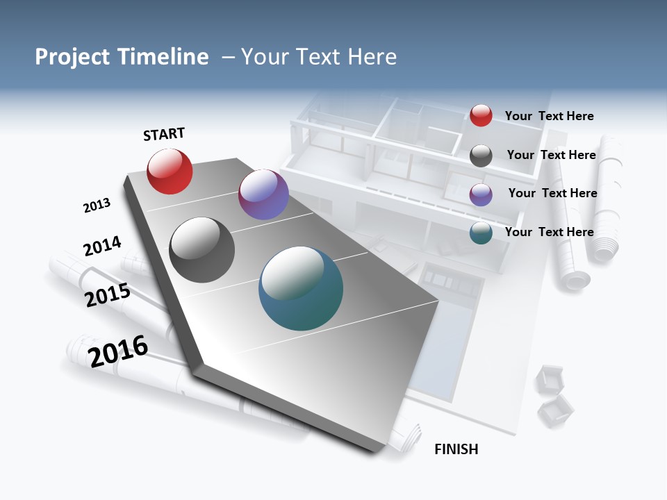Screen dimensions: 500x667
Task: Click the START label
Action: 164,134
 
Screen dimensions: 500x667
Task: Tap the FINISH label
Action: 456,449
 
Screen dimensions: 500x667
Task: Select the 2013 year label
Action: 97,206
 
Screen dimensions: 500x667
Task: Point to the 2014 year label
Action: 102,246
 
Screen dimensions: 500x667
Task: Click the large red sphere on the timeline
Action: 170,172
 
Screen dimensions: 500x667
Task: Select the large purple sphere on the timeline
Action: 263,194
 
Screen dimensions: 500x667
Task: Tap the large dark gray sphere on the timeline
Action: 202,250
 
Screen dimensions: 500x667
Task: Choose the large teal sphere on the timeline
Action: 301,288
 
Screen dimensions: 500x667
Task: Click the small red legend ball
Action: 481,115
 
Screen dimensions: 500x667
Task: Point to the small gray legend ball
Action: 481,156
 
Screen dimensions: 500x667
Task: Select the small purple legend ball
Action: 481,194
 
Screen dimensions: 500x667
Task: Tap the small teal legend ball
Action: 481,233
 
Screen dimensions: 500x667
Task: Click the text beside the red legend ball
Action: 549,116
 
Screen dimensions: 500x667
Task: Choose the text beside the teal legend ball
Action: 549,232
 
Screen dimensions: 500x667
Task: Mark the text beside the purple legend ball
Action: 552,193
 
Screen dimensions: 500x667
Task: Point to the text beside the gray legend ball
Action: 551,155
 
